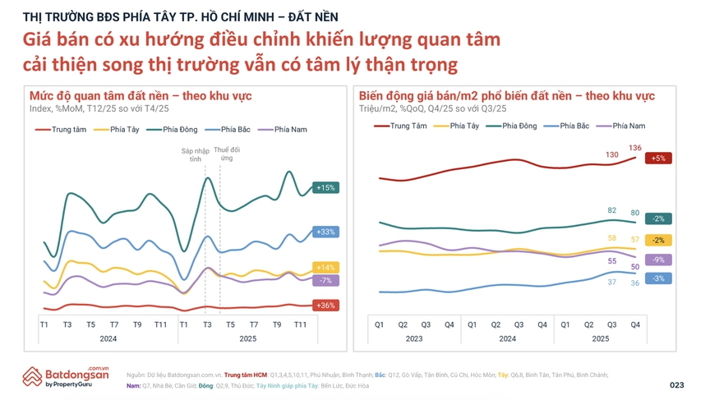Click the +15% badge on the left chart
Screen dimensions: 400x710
[x=325, y=188]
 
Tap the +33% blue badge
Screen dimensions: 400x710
[x=325, y=232]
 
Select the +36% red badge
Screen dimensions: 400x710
[x=325, y=306]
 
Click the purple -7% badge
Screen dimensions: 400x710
[x=325, y=281]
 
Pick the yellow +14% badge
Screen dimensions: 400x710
[x=325, y=268]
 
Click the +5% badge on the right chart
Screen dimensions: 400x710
[x=658, y=159]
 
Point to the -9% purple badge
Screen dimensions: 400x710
[x=658, y=260]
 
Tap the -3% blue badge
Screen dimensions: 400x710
[x=658, y=279]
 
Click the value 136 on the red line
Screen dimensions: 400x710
[x=634, y=148]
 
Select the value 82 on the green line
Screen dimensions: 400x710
[x=611, y=211]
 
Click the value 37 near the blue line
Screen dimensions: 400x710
[x=611, y=282]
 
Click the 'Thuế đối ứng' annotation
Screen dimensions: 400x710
[x=227, y=154]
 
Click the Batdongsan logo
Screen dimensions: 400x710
[x=66, y=376]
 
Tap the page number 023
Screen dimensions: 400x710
[x=676, y=384]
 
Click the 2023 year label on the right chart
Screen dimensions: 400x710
[x=414, y=338]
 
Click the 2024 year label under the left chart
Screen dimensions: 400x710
[x=108, y=338]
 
